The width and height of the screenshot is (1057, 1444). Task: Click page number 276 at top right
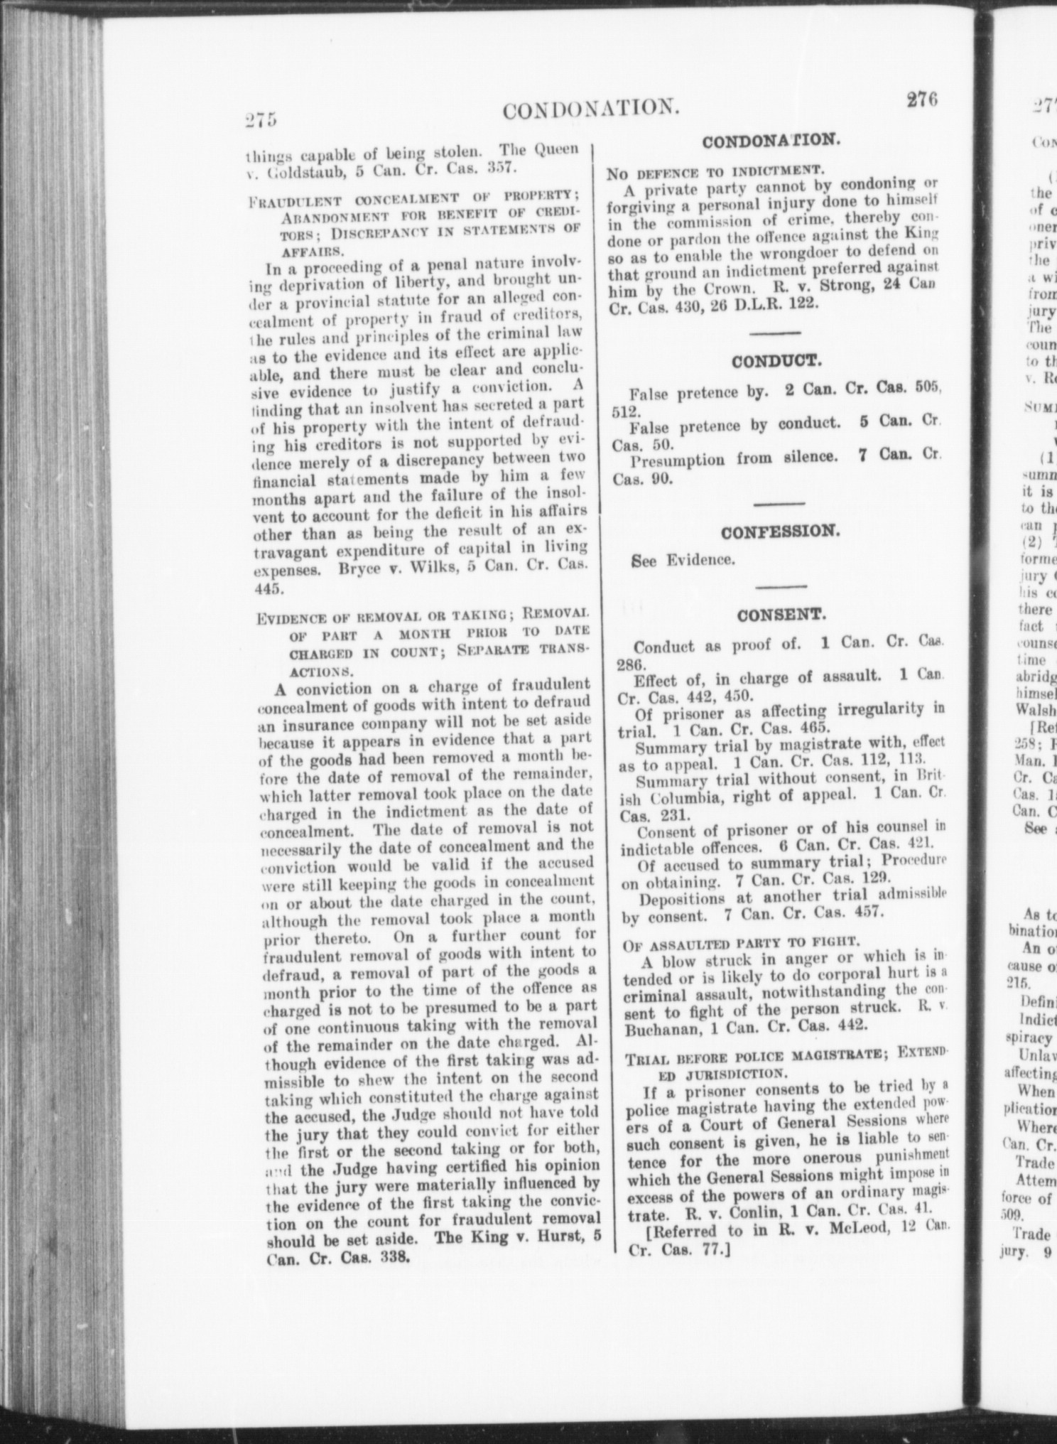(x=923, y=100)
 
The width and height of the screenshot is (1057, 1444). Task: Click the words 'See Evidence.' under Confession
(x=682, y=561)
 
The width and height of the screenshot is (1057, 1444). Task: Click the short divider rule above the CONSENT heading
(x=779, y=586)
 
